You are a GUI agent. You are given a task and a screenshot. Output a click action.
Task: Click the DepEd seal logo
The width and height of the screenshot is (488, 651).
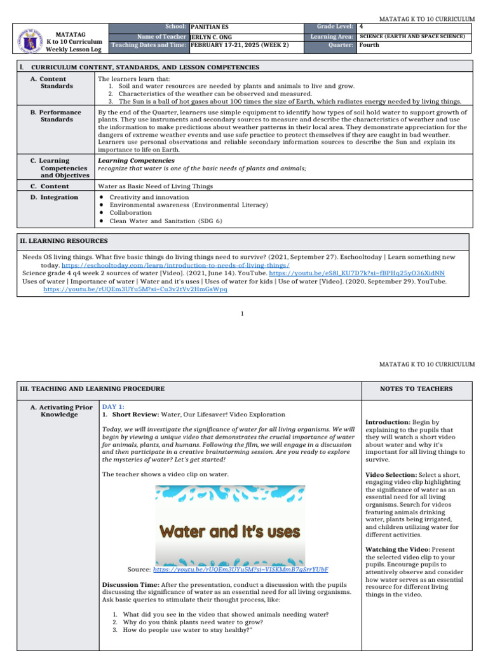coord(31,39)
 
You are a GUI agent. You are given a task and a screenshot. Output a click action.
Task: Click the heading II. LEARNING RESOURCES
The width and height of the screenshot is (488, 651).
coord(64,241)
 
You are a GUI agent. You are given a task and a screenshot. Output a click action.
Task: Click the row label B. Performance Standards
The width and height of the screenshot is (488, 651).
coord(60,116)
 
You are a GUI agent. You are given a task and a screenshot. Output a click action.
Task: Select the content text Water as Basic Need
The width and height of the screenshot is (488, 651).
coord(155,186)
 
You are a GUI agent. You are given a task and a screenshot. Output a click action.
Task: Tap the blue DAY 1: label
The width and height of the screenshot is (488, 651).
coord(113,406)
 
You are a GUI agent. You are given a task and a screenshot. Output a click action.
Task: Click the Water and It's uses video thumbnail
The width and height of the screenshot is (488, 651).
coord(230,525)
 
